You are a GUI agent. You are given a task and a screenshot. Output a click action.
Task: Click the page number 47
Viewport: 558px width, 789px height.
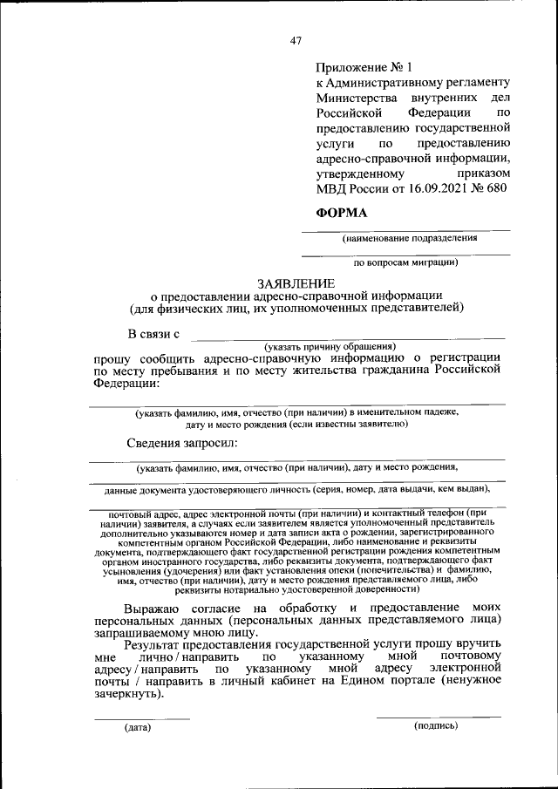pyautogui.click(x=295, y=40)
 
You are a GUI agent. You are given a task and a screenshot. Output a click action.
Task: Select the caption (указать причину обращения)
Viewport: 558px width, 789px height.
pyautogui.click(x=330, y=345)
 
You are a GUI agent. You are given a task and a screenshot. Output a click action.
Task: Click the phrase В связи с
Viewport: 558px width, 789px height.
pyautogui.click(x=153, y=333)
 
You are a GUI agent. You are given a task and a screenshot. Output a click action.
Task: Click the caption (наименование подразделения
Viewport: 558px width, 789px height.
pyautogui.click(x=409, y=238)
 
